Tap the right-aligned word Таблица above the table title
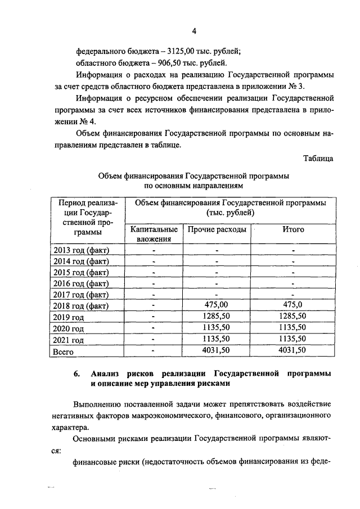click(318, 158)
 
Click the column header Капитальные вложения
click(154, 234)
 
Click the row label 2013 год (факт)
click(80, 250)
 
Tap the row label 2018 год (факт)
click(80, 306)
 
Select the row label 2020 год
click(68, 328)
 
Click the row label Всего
click(64, 351)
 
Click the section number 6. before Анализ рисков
click(78, 374)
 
